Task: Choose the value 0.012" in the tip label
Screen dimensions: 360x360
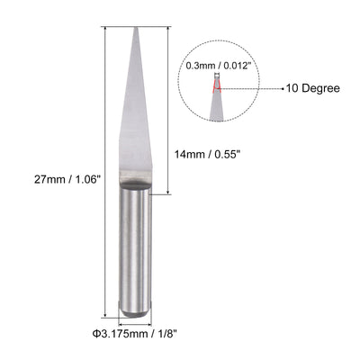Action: coord(237,65)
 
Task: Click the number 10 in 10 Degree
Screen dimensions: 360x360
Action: coord(292,88)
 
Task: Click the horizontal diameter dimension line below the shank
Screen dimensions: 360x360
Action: coord(136,322)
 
